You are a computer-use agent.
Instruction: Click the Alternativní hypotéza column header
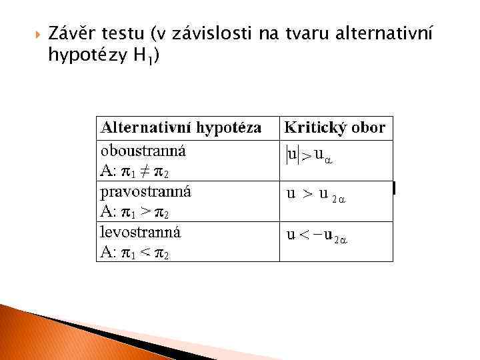click(180, 127)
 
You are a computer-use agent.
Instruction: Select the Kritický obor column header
click(335, 127)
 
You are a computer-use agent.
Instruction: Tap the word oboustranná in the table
click(143, 150)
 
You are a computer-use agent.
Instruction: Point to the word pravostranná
click(145, 191)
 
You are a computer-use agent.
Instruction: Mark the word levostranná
click(140, 232)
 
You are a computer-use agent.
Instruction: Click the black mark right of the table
click(395, 189)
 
